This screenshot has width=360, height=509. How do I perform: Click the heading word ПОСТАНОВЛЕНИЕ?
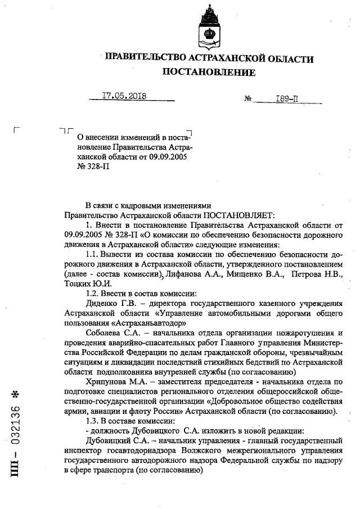[x=209, y=73]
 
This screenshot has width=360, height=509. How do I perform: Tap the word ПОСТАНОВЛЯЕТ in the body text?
[x=237, y=215]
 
